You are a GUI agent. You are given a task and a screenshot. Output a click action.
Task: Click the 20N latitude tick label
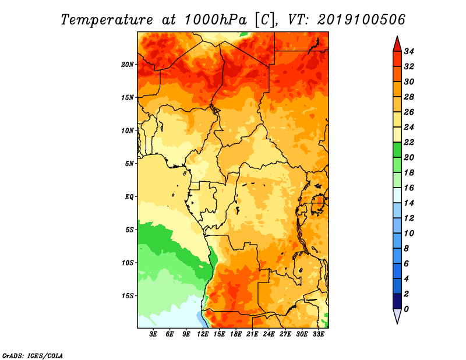[x=128, y=65]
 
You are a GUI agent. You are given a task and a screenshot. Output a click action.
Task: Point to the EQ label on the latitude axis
[x=129, y=197]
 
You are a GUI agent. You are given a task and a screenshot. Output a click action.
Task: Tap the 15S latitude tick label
[x=128, y=296]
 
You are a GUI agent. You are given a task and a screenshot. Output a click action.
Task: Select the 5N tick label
[x=129, y=164]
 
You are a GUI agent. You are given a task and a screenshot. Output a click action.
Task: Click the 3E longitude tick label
[x=153, y=334]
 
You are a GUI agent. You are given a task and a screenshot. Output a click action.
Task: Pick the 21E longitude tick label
[x=252, y=334]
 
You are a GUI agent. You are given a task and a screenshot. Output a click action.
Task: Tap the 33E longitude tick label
[x=318, y=334]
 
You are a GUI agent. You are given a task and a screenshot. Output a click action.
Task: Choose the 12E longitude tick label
[x=203, y=334]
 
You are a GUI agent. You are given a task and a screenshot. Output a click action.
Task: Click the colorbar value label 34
[x=409, y=51]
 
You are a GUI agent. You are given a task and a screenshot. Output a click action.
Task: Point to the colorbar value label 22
[x=409, y=142]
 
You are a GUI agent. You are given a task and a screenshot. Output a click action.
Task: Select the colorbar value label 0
[x=406, y=309]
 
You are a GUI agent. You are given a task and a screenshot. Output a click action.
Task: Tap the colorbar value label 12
[x=409, y=218]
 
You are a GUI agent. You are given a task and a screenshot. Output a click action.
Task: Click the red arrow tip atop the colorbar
[x=397, y=36]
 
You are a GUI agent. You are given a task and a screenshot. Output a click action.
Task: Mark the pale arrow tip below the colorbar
[x=397, y=323]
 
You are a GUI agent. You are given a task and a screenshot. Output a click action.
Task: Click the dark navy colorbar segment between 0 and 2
[x=397, y=301]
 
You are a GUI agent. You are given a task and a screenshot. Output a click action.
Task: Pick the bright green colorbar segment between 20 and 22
[x=397, y=150]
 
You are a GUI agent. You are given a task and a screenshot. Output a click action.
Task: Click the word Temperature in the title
[x=107, y=20]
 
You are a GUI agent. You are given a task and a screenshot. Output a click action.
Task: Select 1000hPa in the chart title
[x=216, y=20]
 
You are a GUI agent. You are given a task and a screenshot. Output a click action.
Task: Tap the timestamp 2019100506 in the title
[x=361, y=20]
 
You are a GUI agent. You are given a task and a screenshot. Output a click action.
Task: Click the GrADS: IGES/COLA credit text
[x=33, y=356]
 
